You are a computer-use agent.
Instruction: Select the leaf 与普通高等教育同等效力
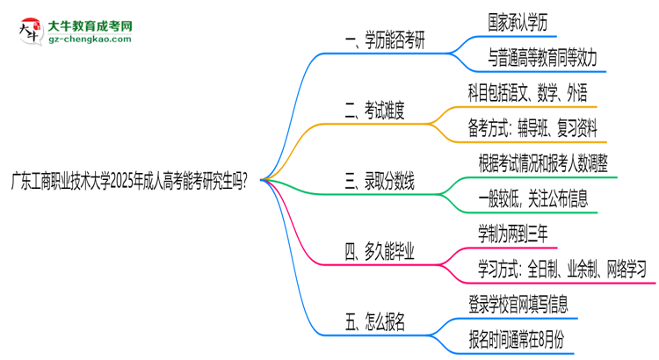click(542, 58)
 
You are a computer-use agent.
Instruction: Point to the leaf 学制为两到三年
click(519, 234)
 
